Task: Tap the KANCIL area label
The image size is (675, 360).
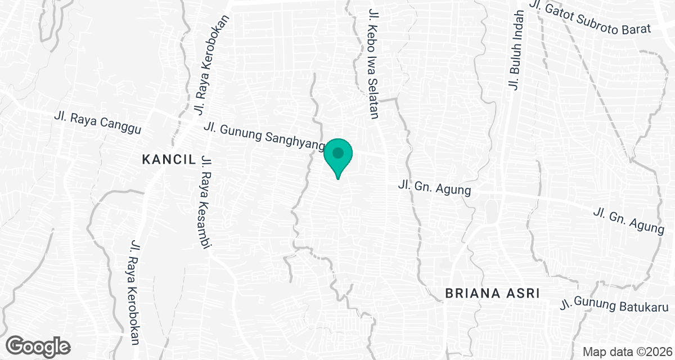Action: tap(169, 160)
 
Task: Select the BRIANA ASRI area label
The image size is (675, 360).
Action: tap(492, 293)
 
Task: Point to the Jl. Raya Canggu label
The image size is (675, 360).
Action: tap(97, 123)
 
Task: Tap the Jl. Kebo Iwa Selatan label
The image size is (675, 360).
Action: tap(372, 63)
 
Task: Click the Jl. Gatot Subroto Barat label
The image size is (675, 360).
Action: tap(589, 19)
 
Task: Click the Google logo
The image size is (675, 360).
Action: tap(38, 346)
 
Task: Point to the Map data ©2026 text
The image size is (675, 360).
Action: tap(626, 352)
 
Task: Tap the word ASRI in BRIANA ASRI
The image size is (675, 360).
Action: tap(523, 293)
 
